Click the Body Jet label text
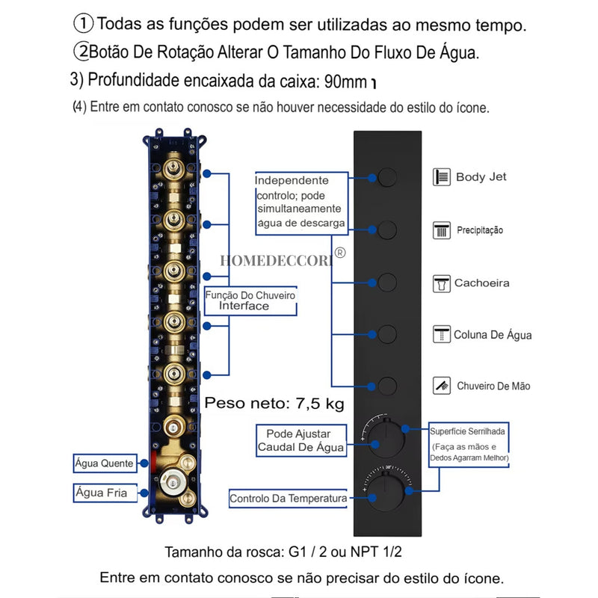click(x=481, y=177)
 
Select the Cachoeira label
click(x=481, y=283)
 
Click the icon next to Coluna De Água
click(x=441, y=334)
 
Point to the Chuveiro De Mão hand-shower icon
click(x=441, y=386)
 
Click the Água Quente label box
click(x=104, y=463)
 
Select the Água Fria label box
click(x=101, y=493)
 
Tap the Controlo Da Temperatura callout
click(x=288, y=499)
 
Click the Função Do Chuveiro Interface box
click(x=250, y=300)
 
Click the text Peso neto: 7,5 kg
click(x=274, y=404)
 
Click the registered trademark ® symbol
click(x=340, y=253)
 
